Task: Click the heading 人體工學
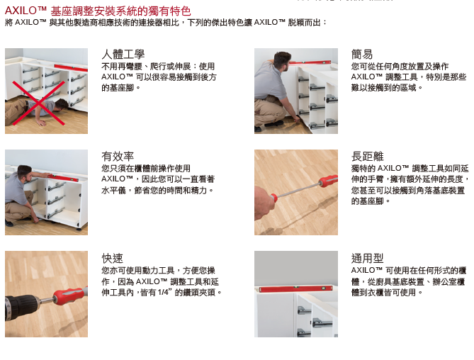tap(123, 55)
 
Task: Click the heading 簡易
tap(362, 55)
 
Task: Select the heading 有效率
tap(118, 157)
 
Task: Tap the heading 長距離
tap(367, 157)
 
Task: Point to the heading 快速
tap(113, 259)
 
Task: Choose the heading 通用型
tap(367, 259)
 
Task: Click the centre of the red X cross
tap(38, 103)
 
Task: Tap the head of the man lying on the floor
tap(62, 104)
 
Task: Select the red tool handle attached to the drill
tap(69, 295)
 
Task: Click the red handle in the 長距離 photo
tap(328, 181)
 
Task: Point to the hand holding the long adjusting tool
tap(264, 203)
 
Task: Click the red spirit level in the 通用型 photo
tap(296, 289)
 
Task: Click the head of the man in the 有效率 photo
tap(25, 172)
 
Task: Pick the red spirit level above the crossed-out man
tap(71, 68)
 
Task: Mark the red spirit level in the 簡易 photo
tap(311, 63)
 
